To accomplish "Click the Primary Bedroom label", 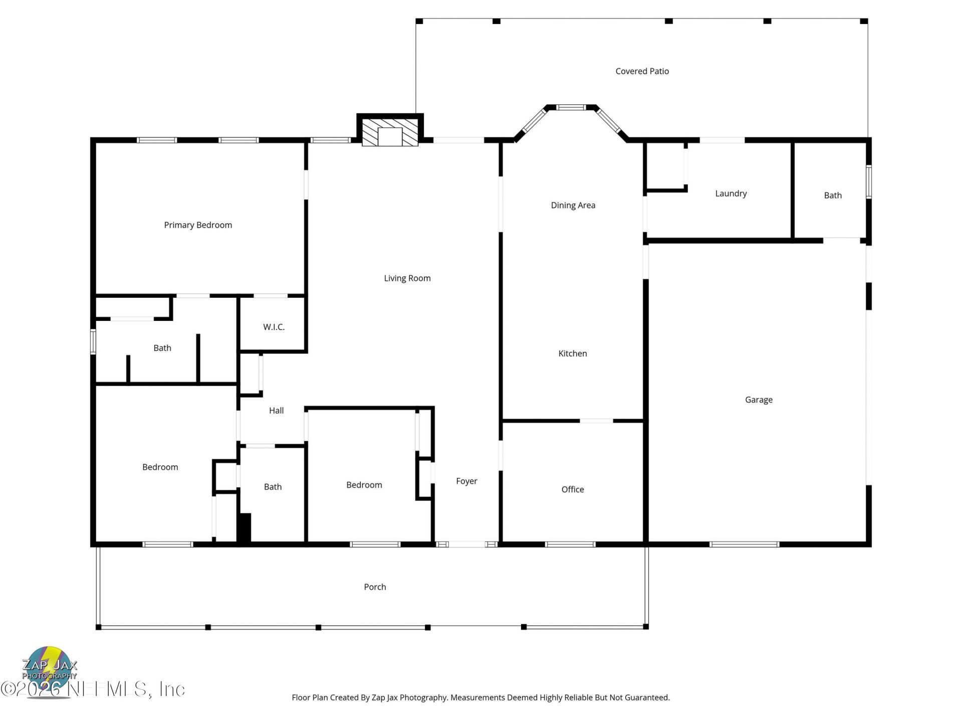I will (198, 225).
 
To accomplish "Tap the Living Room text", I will (407, 278).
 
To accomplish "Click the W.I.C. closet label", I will (274, 327).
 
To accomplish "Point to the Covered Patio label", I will (642, 71).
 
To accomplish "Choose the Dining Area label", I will (573, 205).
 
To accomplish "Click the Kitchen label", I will (572, 353).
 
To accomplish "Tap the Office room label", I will (572, 489).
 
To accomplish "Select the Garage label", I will (758, 400).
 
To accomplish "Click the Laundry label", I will (731, 194).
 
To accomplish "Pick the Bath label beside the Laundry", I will (832, 196).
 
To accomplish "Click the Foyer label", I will (466, 481).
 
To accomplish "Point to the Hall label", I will (276, 411).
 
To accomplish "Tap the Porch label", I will (375, 587).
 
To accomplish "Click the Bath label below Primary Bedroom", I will (162, 348).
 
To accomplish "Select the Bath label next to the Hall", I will (273, 487).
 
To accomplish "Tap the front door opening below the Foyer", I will (466, 544).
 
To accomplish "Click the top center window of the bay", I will (571, 107).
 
